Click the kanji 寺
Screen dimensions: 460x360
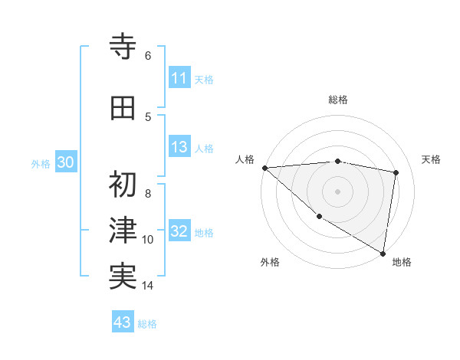[x=123, y=47]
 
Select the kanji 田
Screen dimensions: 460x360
[x=123, y=108]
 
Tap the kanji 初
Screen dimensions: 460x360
[x=123, y=185]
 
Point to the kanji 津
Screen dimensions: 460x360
[x=123, y=231]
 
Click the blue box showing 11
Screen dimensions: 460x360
[x=179, y=78]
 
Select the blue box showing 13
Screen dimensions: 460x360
[x=179, y=148]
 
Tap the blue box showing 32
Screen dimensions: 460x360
[x=179, y=232]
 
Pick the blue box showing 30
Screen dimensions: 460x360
[x=66, y=162]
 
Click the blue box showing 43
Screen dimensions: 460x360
[x=123, y=322]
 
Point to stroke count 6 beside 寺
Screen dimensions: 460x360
[x=148, y=55]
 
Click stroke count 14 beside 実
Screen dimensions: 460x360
[x=148, y=286]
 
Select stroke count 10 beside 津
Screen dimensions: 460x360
[x=148, y=240]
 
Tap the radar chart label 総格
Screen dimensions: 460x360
[x=337, y=100]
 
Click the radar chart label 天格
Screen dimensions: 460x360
[x=432, y=159]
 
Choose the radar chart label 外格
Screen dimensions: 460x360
[x=269, y=262]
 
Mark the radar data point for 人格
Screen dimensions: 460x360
[x=264, y=167]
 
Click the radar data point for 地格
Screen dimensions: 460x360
[x=383, y=252]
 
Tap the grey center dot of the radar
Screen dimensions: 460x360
[x=337, y=191]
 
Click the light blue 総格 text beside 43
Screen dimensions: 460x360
[x=147, y=324]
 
